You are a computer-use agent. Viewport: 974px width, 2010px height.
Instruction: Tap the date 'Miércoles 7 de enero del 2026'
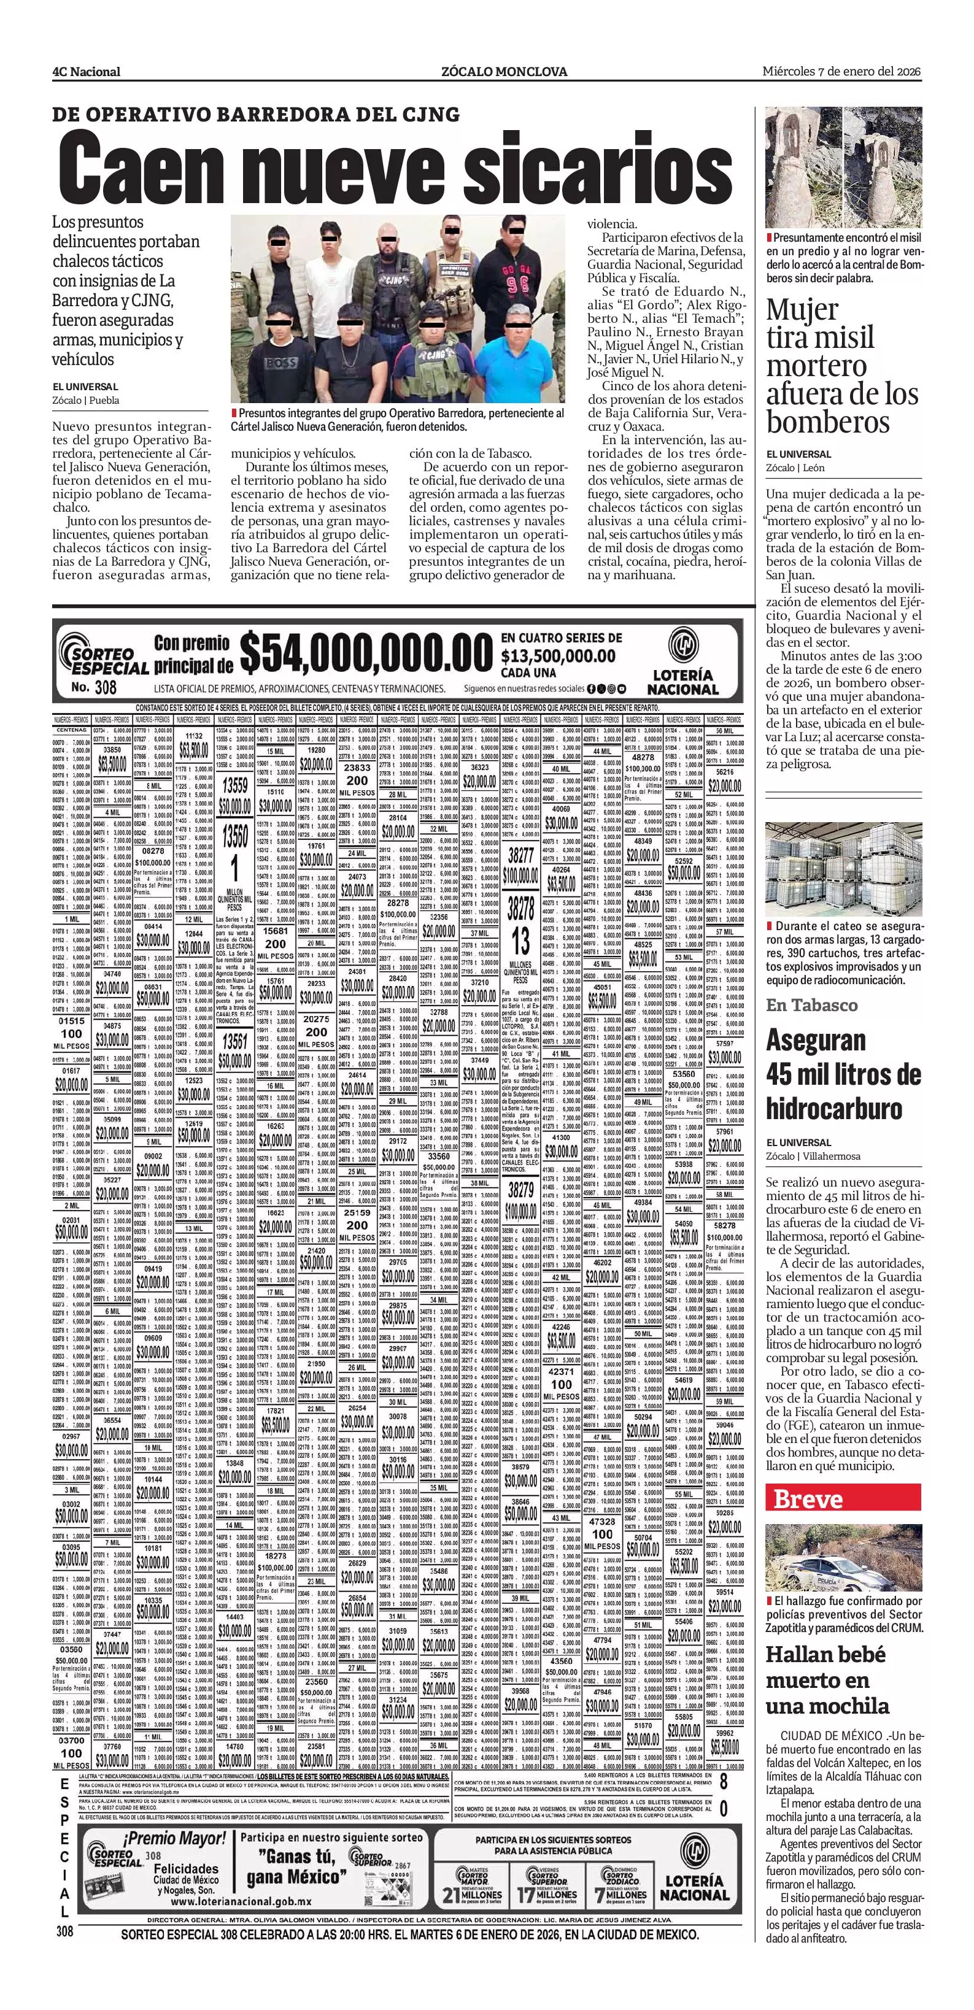(841, 71)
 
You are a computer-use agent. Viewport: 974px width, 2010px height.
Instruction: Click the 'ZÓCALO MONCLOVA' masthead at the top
(504, 72)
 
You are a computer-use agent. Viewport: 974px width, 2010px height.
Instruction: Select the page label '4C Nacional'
(87, 72)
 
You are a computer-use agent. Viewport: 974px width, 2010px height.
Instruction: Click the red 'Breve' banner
(808, 1498)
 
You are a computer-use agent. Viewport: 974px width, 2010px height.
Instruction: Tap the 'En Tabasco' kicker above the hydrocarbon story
(811, 1005)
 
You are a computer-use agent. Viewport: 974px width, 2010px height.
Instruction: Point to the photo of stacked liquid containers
(844, 868)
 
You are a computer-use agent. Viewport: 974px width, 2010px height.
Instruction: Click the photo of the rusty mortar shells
(844, 166)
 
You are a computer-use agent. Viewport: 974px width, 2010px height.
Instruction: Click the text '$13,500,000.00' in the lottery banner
(558, 657)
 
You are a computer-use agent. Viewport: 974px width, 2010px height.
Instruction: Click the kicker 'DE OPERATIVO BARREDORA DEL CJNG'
(256, 115)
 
